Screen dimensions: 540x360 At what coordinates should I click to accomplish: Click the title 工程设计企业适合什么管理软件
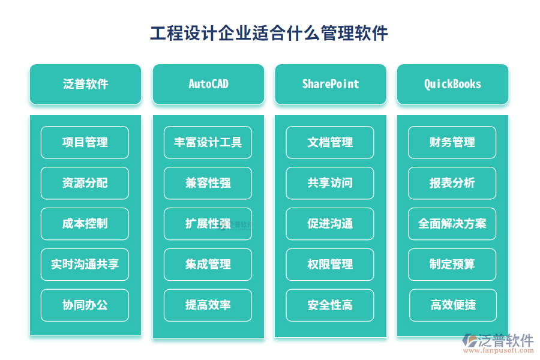[x=269, y=34]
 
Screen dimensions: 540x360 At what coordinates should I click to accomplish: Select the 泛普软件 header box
[x=85, y=84]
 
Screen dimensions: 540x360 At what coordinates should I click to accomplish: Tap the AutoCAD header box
[x=208, y=84]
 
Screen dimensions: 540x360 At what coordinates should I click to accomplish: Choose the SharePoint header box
[x=331, y=84]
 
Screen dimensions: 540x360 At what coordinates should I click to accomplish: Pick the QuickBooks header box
[x=452, y=84]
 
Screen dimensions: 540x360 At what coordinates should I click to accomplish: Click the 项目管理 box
[x=85, y=142]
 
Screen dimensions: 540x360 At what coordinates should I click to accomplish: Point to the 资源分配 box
[x=85, y=183]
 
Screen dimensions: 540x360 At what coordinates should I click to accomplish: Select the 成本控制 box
[x=85, y=224]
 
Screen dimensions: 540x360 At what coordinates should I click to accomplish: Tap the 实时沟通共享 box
[x=85, y=264]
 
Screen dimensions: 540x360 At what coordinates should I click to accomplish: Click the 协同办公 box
[x=85, y=305]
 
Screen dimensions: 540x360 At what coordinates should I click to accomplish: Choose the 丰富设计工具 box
[x=208, y=142]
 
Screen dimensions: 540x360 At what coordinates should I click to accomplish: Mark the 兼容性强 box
[x=208, y=183]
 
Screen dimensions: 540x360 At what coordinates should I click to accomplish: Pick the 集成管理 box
[x=208, y=264]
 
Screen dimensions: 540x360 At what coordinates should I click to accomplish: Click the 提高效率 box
[x=208, y=305]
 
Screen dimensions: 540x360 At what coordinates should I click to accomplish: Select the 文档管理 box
[x=330, y=142]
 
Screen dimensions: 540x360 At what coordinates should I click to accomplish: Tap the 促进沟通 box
[x=330, y=224]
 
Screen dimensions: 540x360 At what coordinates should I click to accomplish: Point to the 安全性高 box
[x=330, y=305]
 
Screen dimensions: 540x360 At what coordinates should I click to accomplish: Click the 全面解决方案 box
[x=452, y=224]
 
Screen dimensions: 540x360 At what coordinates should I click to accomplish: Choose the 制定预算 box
[x=452, y=264]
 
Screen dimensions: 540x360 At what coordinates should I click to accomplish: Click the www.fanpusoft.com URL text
[x=499, y=350]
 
